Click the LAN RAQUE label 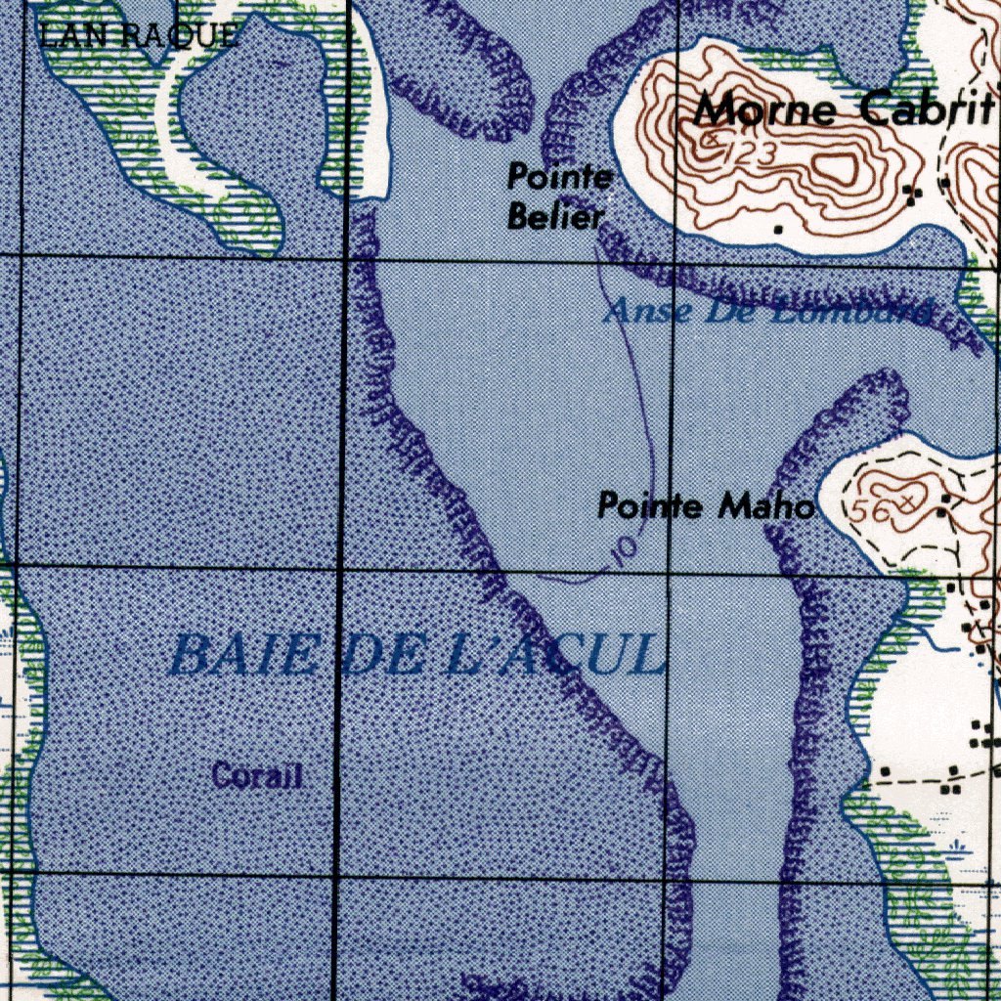[138, 37]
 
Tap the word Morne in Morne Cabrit [765, 109]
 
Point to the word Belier [554, 217]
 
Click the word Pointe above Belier [559, 177]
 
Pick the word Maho [765, 506]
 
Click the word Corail [257, 776]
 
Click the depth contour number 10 [624, 549]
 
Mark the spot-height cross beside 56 [909, 500]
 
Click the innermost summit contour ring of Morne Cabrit [839, 167]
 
